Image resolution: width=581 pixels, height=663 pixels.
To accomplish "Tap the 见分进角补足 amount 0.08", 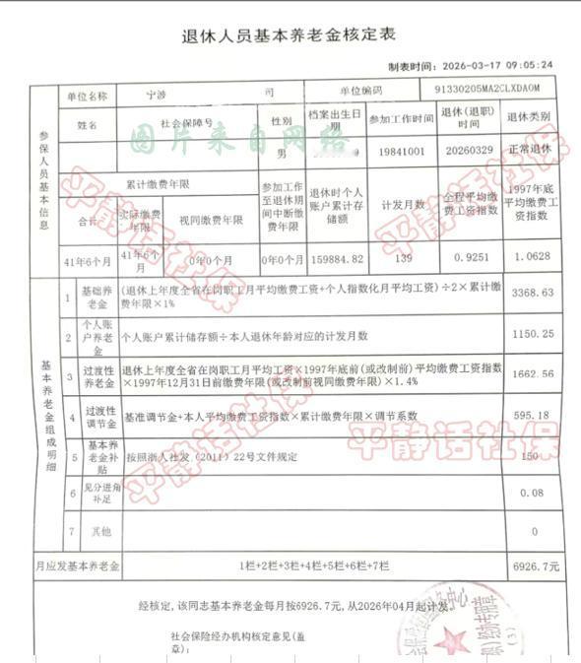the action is pyautogui.click(x=534, y=493).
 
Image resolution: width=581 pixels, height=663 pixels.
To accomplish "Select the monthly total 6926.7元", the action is pyautogui.click(x=536, y=566).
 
